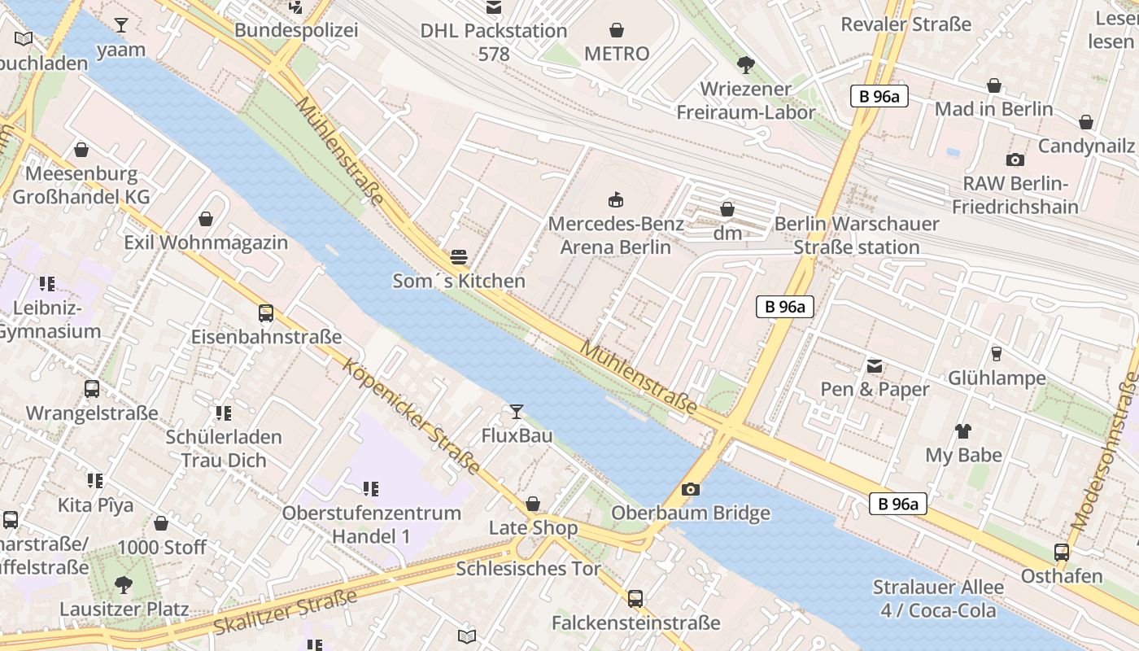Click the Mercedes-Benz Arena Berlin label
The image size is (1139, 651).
pyautogui.click(x=616, y=235)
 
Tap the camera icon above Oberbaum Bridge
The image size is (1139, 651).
pyautogui.click(x=690, y=489)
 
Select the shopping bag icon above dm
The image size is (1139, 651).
pyautogui.click(x=727, y=210)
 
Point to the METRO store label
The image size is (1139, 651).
pyautogui.click(x=617, y=54)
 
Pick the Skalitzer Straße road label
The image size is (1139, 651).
pyautogui.click(x=286, y=611)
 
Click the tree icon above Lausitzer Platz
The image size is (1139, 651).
pyautogui.click(x=124, y=584)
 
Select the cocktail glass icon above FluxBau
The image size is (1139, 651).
pyautogui.click(x=516, y=412)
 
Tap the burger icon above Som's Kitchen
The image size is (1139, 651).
pyautogui.click(x=459, y=258)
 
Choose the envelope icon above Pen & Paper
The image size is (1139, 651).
pyautogui.click(x=875, y=366)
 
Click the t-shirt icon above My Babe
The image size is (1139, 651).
pyautogui.click(x=963, y=431)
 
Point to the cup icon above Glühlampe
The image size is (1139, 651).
pyautogui.click(x=996, y=354)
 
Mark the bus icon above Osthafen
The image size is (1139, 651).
pyautogui.click(x=1061, y=553)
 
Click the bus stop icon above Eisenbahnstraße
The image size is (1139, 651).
pyautogui.click(x=266, y=313)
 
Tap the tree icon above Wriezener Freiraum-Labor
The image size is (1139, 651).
pyautogui.click(x=745, y=65)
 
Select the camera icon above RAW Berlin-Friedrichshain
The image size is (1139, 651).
pyautogui.click(x=1015, y=159)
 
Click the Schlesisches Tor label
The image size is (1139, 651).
pyautogui.click(x=528, y=568)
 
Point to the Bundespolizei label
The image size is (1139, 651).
pyautogui.click(x=296, y=30)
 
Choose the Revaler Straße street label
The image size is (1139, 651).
pyautogui.click(x=906, y=24)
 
